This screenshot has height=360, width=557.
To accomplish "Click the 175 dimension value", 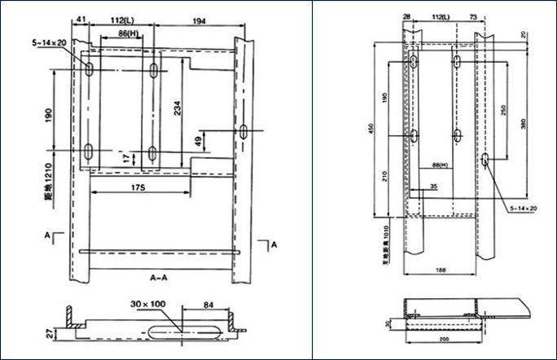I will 137,188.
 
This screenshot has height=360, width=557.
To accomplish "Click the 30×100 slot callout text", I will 148,304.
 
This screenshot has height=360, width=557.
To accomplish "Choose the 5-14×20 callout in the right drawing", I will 522,209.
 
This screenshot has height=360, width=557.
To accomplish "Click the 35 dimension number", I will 432,187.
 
